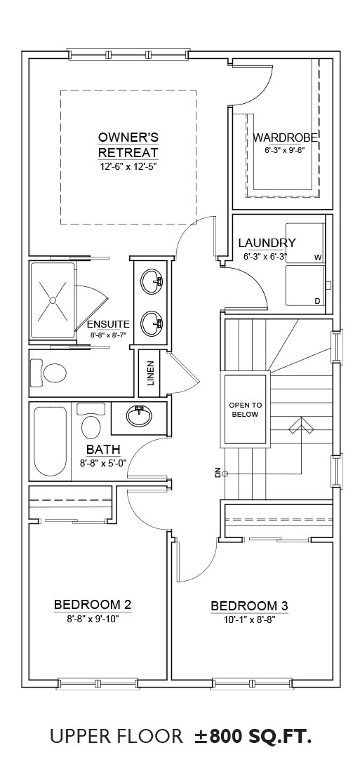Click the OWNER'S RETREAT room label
[x=128, y=145]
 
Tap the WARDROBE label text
[x=285, y=138]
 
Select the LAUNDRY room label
[x=267, y=243]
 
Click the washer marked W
[x=305, y=243]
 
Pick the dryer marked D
[x=305, y=286]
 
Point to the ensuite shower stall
[x=53, y=301]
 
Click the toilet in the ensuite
[x=48, y=374]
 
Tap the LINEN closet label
[x=151, y=373]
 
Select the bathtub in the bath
[x=50, y=442]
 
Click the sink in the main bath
[x=139, y=415]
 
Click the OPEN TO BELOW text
[x=245, y=410]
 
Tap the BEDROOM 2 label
[x=93, y=605]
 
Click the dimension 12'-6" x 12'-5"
[x=128, y=166]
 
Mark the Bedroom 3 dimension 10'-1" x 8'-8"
[x=249, y=620]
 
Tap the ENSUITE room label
[x=108, y=324]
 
